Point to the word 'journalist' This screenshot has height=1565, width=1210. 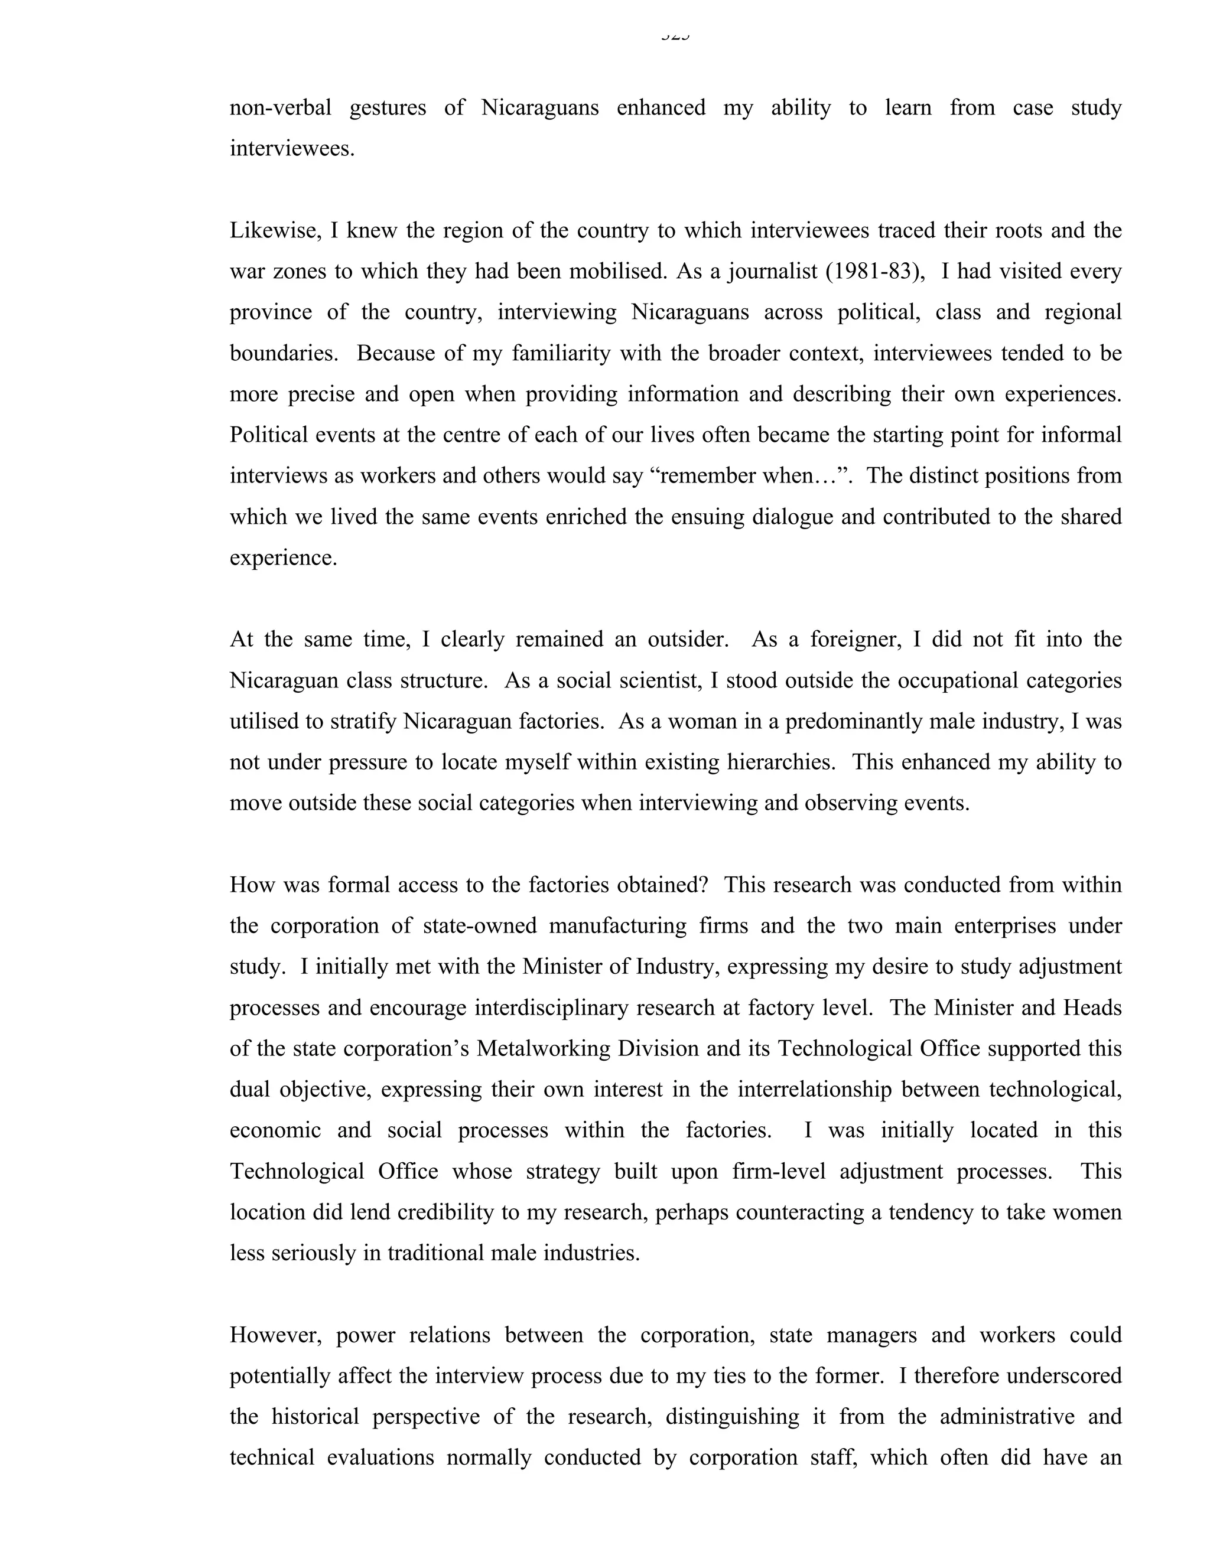tap(771, 272)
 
